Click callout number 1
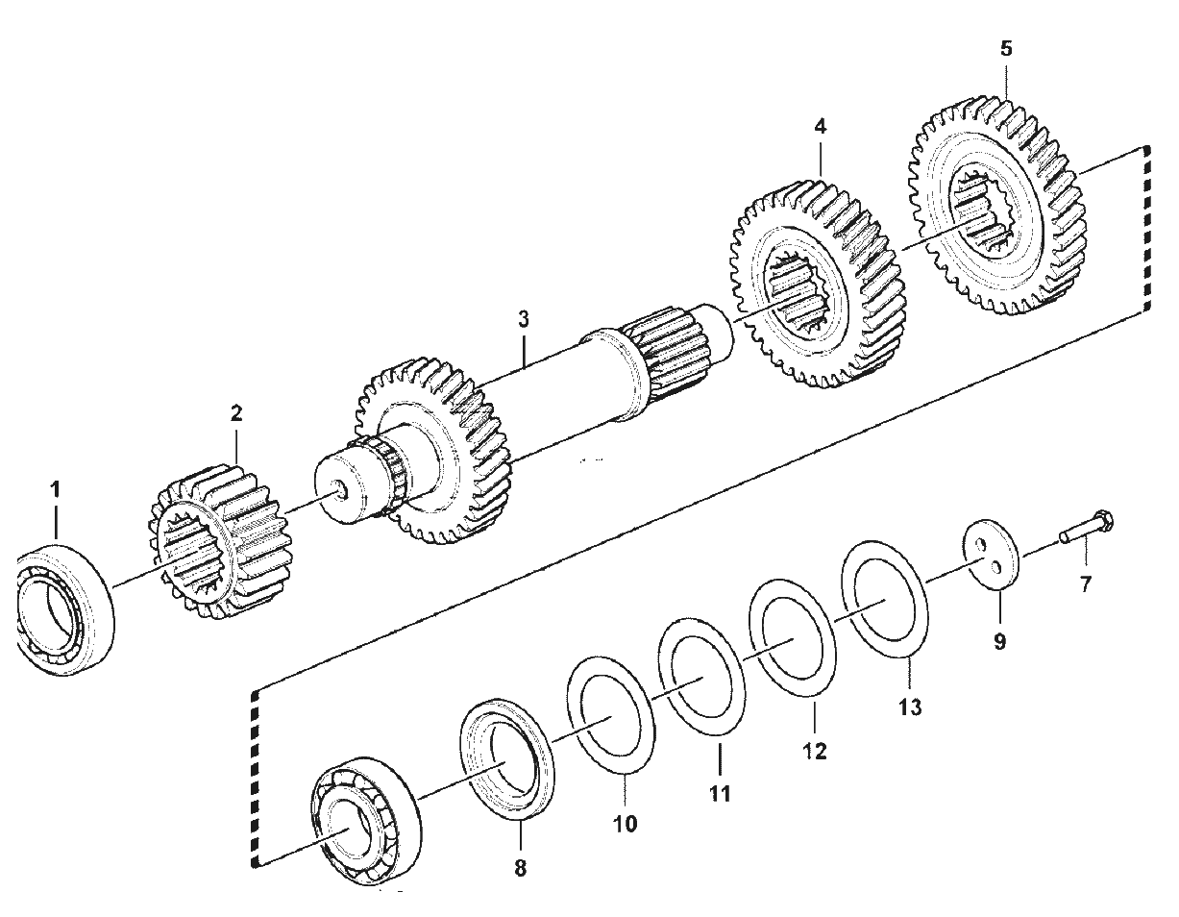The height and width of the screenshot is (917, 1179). point(56,490)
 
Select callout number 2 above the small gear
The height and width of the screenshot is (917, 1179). point(236,413)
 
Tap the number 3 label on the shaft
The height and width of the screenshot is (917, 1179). point(523,319)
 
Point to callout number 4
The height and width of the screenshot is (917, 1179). point(820,127)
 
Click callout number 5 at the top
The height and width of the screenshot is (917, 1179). point(1006,49)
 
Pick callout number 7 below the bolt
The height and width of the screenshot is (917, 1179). point(1085,584)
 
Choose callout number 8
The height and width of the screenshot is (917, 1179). point(521,868)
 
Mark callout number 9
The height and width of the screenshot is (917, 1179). point(999,642)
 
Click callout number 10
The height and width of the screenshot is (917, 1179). point(625,824)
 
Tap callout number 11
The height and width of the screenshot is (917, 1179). point(720,794)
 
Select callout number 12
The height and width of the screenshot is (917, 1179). point(815,751)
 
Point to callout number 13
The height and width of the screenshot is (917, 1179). point(910,707)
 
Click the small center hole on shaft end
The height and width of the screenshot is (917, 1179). point(341,486)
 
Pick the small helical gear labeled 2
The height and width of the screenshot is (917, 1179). point(220,541)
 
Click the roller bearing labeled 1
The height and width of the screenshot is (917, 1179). point(64,611)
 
